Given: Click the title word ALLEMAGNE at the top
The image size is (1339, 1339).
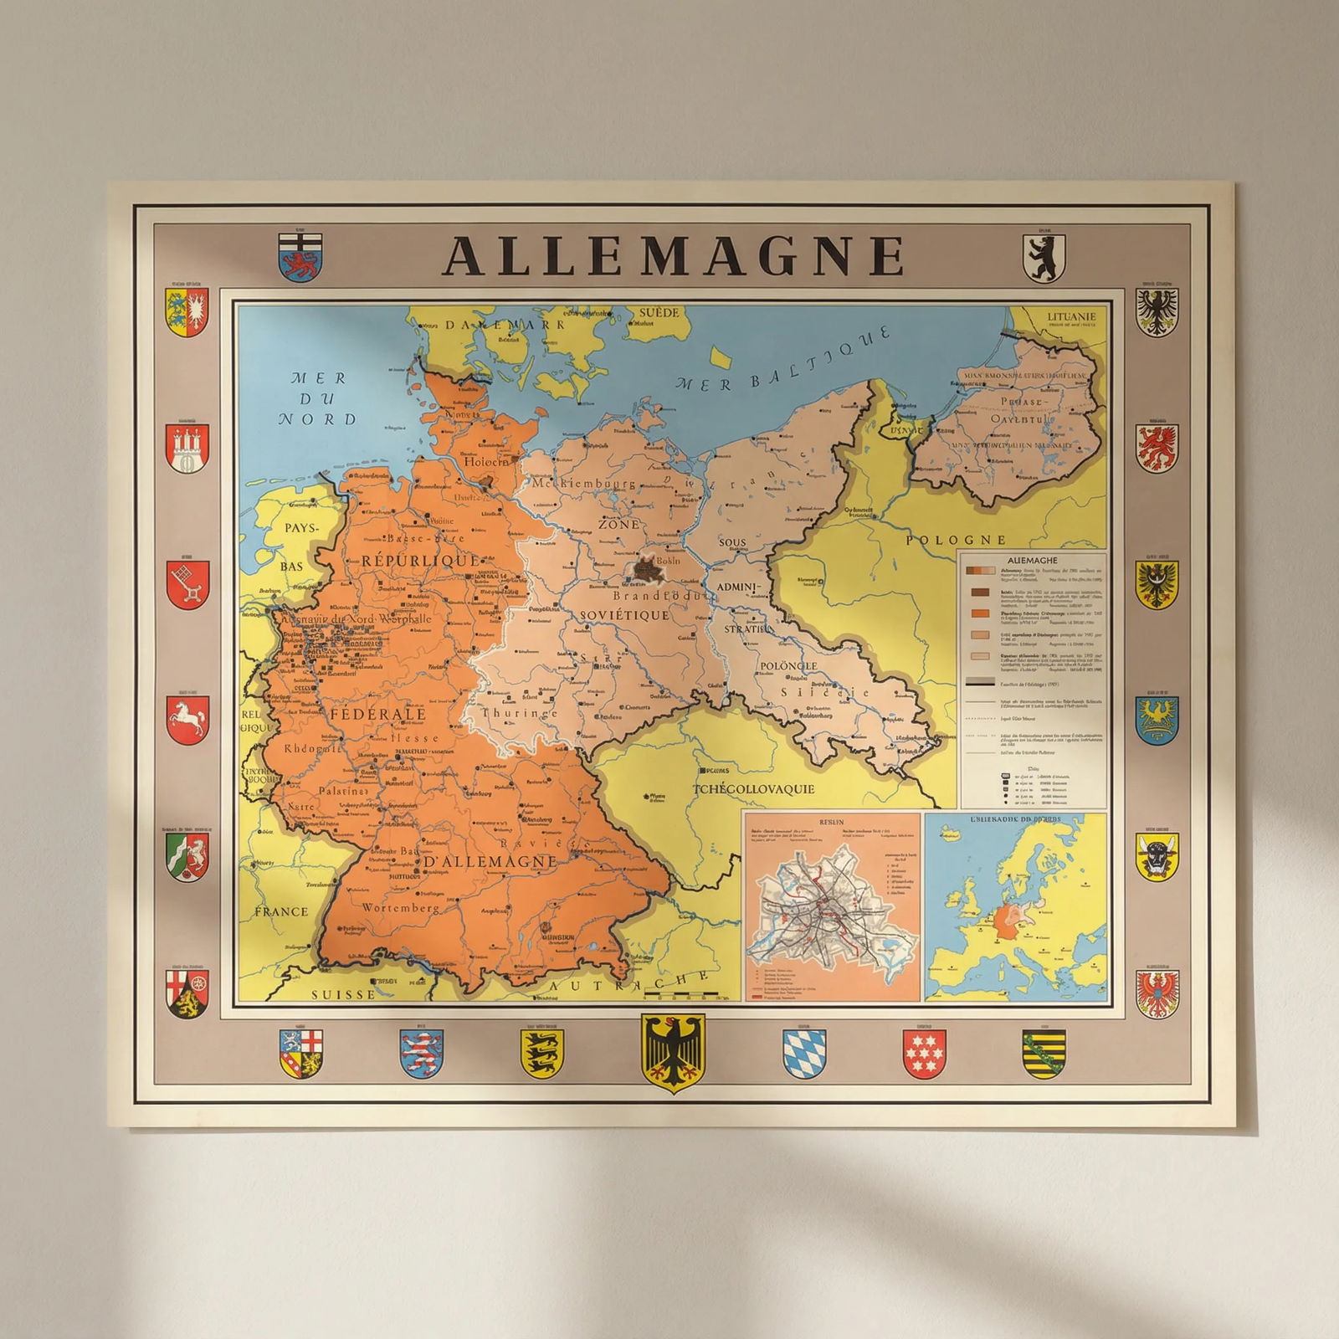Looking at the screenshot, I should coord(673,255).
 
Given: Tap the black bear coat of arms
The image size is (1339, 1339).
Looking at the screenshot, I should coord(1044,258).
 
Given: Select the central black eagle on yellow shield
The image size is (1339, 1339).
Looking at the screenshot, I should coord(672,1053).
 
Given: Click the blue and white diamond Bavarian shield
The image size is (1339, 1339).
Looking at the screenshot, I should coord(803,1054).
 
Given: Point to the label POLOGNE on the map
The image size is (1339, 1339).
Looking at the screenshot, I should coord(956,540).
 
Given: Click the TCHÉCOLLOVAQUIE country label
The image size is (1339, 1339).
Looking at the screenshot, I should coord(753,789).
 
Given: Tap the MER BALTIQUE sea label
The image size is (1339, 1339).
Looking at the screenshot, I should coord(782,361).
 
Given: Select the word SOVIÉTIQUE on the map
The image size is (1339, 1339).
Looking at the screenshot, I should coord(624,615).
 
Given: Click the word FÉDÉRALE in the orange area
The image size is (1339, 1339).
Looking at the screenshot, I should coord(378,715).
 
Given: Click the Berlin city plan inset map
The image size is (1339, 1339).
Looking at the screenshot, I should coord(831,906).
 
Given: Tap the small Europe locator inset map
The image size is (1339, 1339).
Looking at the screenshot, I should coord(1015,906).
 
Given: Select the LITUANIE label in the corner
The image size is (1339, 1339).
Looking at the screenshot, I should coord(1070,317).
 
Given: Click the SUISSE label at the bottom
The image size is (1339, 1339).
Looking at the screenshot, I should coord(343,995).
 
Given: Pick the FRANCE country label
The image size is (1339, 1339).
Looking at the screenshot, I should coord(281,911).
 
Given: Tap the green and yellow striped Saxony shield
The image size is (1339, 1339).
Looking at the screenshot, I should coord(1044,1054).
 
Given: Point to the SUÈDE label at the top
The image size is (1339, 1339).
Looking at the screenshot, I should coord(659,313).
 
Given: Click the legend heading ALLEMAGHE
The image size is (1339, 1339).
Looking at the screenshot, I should coord(1032,561).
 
